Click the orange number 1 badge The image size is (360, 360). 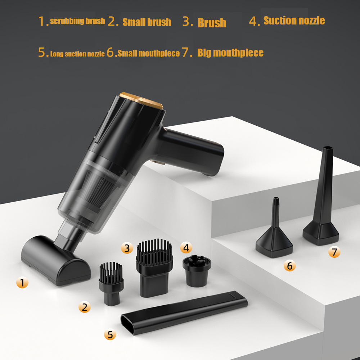coord(22,283)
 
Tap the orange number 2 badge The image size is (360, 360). coord(85,307)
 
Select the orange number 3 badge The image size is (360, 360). coord(127,248)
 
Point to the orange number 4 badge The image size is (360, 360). coord(186,248)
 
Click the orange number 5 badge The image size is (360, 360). coord(110,335)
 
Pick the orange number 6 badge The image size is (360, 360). coord(289,266)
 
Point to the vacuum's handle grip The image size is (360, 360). coord(194,151)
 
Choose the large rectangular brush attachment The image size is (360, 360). coord(154,266)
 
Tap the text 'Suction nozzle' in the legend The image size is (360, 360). coord(294,21)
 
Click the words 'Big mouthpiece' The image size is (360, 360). coord(230,53)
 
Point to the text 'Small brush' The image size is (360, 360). coord(147,22)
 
